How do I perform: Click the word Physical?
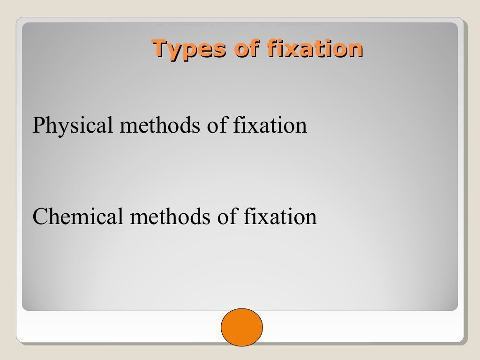point(73,126)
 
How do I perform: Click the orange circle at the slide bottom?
point(241,327)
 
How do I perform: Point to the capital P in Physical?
point(38,125)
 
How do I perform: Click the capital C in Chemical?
point(39,217)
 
